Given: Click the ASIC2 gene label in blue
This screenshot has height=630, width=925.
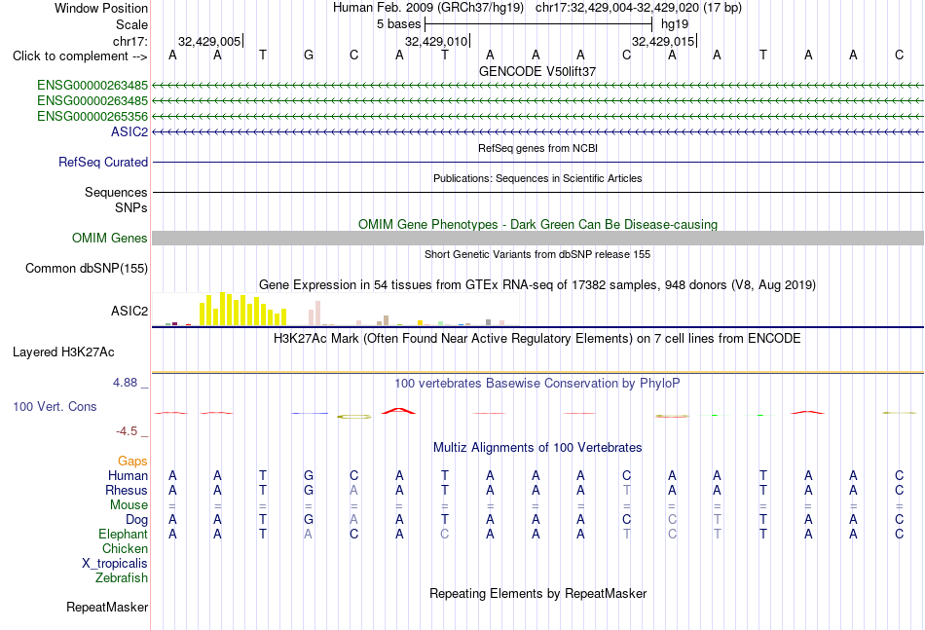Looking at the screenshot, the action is (129, 131).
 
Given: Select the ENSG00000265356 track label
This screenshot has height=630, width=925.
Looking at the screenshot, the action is (92, 116).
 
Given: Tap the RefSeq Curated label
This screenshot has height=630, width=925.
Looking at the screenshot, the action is (102, 163).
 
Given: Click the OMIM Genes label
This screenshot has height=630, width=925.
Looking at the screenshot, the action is (109, 238).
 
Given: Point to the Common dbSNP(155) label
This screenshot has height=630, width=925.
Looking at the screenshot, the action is (86, 269).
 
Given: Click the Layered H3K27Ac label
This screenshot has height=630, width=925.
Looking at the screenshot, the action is (63, 352).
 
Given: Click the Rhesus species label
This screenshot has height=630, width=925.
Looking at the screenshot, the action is (127, 490).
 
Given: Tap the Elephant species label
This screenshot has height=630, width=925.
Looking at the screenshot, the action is (123, 534).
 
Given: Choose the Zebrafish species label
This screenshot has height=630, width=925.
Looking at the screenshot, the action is (122, 578).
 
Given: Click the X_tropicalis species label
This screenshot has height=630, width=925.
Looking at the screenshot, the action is (115, 564).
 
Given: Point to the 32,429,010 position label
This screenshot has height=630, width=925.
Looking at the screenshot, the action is (436, 41).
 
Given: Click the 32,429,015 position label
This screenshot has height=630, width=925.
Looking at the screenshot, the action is (663, 41).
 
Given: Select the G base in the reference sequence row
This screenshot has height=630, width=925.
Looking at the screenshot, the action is (309, 56).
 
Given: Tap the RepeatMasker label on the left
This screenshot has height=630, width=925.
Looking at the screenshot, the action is (107, 607).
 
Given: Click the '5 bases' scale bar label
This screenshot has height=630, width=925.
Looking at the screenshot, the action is (399, 24).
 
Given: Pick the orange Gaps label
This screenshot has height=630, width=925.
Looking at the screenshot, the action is (132, 462).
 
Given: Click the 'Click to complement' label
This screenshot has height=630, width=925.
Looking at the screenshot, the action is (80, 56).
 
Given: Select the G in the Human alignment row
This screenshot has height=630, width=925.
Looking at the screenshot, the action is (309, 475).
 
